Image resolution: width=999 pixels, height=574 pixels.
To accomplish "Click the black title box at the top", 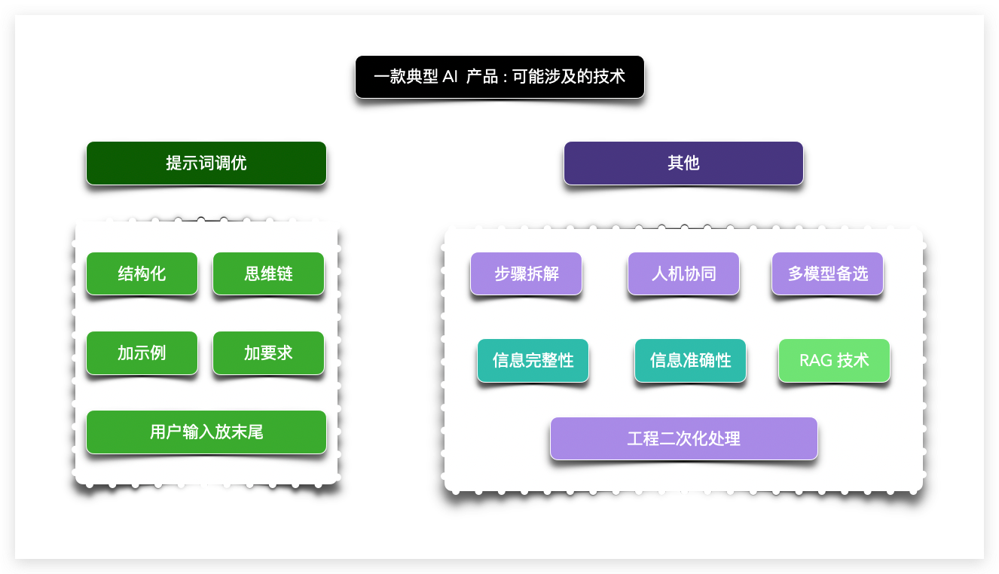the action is pos(499,77).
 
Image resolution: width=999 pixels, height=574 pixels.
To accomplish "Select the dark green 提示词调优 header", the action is pos(206,163).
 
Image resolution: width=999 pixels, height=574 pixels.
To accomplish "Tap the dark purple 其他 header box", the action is pos(683,163).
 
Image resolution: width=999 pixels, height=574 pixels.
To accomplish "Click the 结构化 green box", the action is pos(142,273).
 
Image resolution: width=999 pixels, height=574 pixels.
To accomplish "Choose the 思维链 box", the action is pos(268,273).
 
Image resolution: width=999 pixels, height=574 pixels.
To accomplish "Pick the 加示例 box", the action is pos(142,353).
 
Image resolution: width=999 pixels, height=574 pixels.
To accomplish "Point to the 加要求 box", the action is pos(268,353).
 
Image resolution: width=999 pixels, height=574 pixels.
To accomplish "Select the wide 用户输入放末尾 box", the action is pos(206,432).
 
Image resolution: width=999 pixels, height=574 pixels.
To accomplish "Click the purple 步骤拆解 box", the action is pos(526,273).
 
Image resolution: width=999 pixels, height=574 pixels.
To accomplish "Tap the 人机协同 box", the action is pos(683,273).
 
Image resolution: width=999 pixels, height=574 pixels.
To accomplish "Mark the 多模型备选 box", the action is pos(827,273).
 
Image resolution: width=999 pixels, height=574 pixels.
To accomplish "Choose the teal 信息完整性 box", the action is pos(533,360).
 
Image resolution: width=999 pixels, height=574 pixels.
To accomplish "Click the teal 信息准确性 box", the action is pos(690,360).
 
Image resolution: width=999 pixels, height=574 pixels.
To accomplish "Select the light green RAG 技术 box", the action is pos(834,360).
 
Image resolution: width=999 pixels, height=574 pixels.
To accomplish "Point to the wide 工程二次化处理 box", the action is pos(683,438).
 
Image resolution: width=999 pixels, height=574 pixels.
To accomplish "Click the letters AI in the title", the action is pos(450,77).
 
